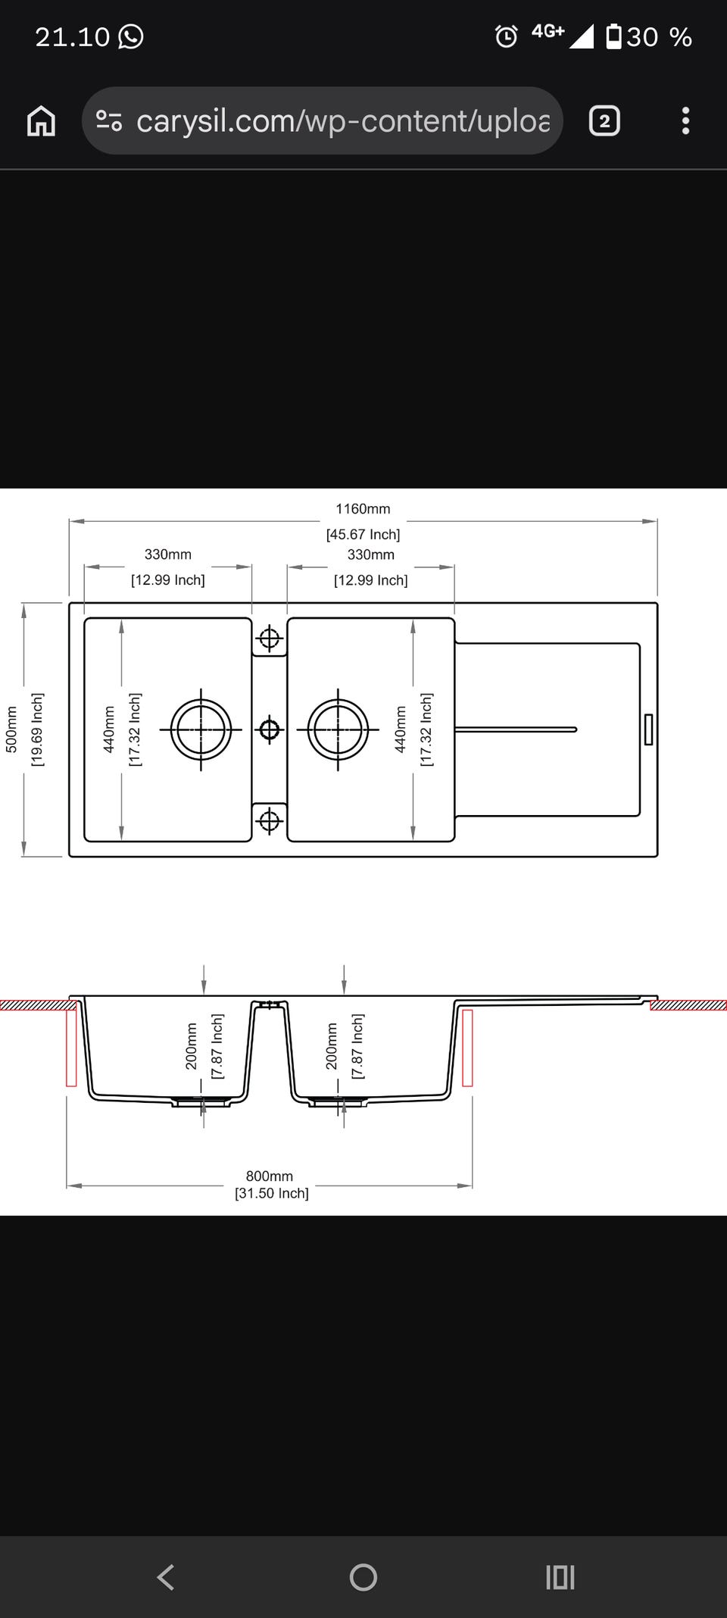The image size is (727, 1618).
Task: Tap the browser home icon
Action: coord(41,121)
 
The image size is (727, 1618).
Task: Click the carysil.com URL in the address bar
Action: coord(343,121)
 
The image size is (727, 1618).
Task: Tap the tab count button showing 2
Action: coord(604,121)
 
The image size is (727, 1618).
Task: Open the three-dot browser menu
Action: coord(685,121)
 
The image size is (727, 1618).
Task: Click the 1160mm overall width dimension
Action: coord(363,509)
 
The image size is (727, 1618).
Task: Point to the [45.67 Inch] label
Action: coord(363,535)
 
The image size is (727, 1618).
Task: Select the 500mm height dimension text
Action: coord(11,729)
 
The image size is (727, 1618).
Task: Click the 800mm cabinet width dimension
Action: coord(269,1176)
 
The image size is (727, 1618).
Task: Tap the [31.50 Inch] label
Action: coord(272,1194)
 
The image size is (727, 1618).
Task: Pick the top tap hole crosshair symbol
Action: coord(269,639)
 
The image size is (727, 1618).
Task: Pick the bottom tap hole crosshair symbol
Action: coord(269,820)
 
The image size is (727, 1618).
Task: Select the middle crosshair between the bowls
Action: coord(269,729)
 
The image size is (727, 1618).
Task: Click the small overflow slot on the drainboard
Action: coord(648,729)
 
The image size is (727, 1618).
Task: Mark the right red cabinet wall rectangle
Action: coord(467,1047)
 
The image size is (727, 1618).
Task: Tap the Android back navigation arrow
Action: coord(166,1578)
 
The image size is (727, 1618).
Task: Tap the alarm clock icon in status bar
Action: coord(506,36)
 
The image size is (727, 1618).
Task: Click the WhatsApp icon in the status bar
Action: coord(130,36)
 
